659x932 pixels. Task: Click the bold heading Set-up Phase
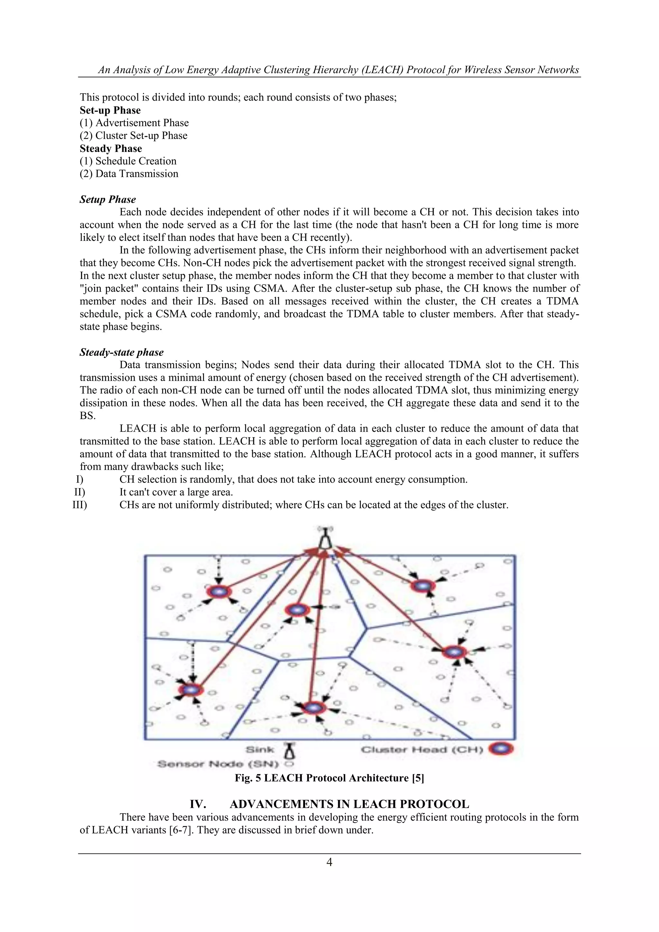(x=110, y=110)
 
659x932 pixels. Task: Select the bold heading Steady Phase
(x=111, y=148)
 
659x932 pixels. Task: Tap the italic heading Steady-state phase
(x=121, y=352)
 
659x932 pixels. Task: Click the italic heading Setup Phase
(x=107, y=200)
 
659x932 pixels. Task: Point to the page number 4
(x=329, y=862)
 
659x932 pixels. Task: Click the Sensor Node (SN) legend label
(x=218, y=764)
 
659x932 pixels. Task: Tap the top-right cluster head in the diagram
(x=423, y=586)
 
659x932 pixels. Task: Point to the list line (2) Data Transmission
(x=129, y=174)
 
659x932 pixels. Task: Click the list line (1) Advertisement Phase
(x=134, y=123)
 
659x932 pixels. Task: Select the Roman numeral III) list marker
(x=79, y=505)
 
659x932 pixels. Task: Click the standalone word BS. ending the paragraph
(x=87, y=416)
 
